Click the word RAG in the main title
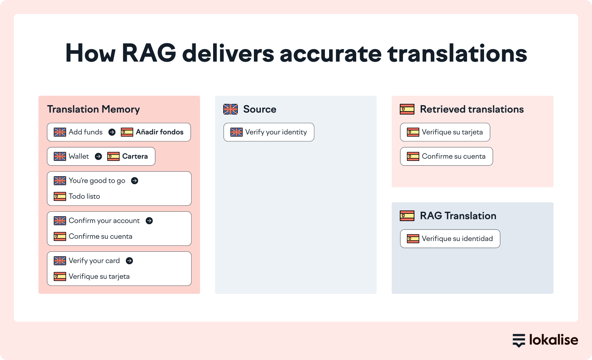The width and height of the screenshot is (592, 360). click(x=149, y=53)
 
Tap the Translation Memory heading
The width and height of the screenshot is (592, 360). click(x=94, y=109)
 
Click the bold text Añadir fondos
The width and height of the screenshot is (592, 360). click(x=159, y=132)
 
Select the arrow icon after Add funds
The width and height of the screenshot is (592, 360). click(x=112, y=132)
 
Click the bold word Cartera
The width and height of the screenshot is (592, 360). click(x=135, y=156)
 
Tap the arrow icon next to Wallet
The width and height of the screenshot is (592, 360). click(x=98, y=156)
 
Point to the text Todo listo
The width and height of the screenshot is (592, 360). click(x=84, y=196)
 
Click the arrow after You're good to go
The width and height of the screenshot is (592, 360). click(x=134, y=181)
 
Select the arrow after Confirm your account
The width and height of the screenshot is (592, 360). click(x=149, y=221)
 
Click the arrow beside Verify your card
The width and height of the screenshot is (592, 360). click(x=129, y=261)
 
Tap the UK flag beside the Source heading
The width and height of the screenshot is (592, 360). click(x=231, y=109)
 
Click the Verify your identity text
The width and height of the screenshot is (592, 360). click(x=276, y=132)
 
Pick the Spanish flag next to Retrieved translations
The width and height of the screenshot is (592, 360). click(x=407, y=109)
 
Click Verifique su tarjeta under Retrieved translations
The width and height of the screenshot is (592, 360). click(x=452, y=132)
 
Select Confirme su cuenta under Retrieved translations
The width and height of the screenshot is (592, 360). click(x=453, y=156)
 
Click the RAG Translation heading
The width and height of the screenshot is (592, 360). click(x=458, y=216)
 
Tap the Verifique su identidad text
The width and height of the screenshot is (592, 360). click(x=457, y=239)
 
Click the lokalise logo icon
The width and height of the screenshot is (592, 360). click(x=519, y=340)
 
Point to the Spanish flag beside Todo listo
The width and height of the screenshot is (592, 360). click(x=60, y=196)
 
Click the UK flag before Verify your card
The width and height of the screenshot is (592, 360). click(x=60, y=261)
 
